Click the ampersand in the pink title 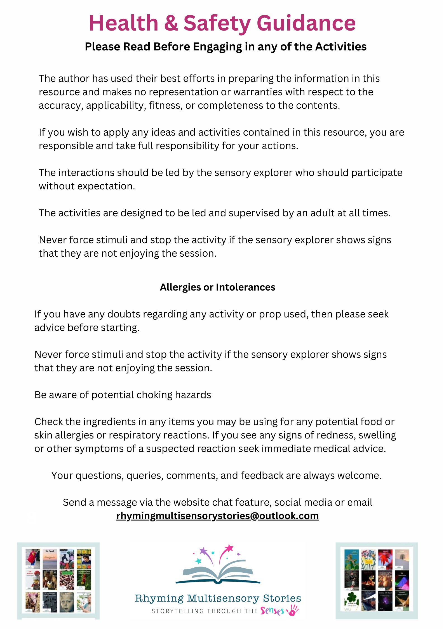coord(171,23)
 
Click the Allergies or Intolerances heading coord(217,287)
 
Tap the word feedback coord(262,476)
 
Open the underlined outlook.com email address coord(217,516)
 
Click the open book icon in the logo coord(218,572)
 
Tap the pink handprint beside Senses coord(293,610)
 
